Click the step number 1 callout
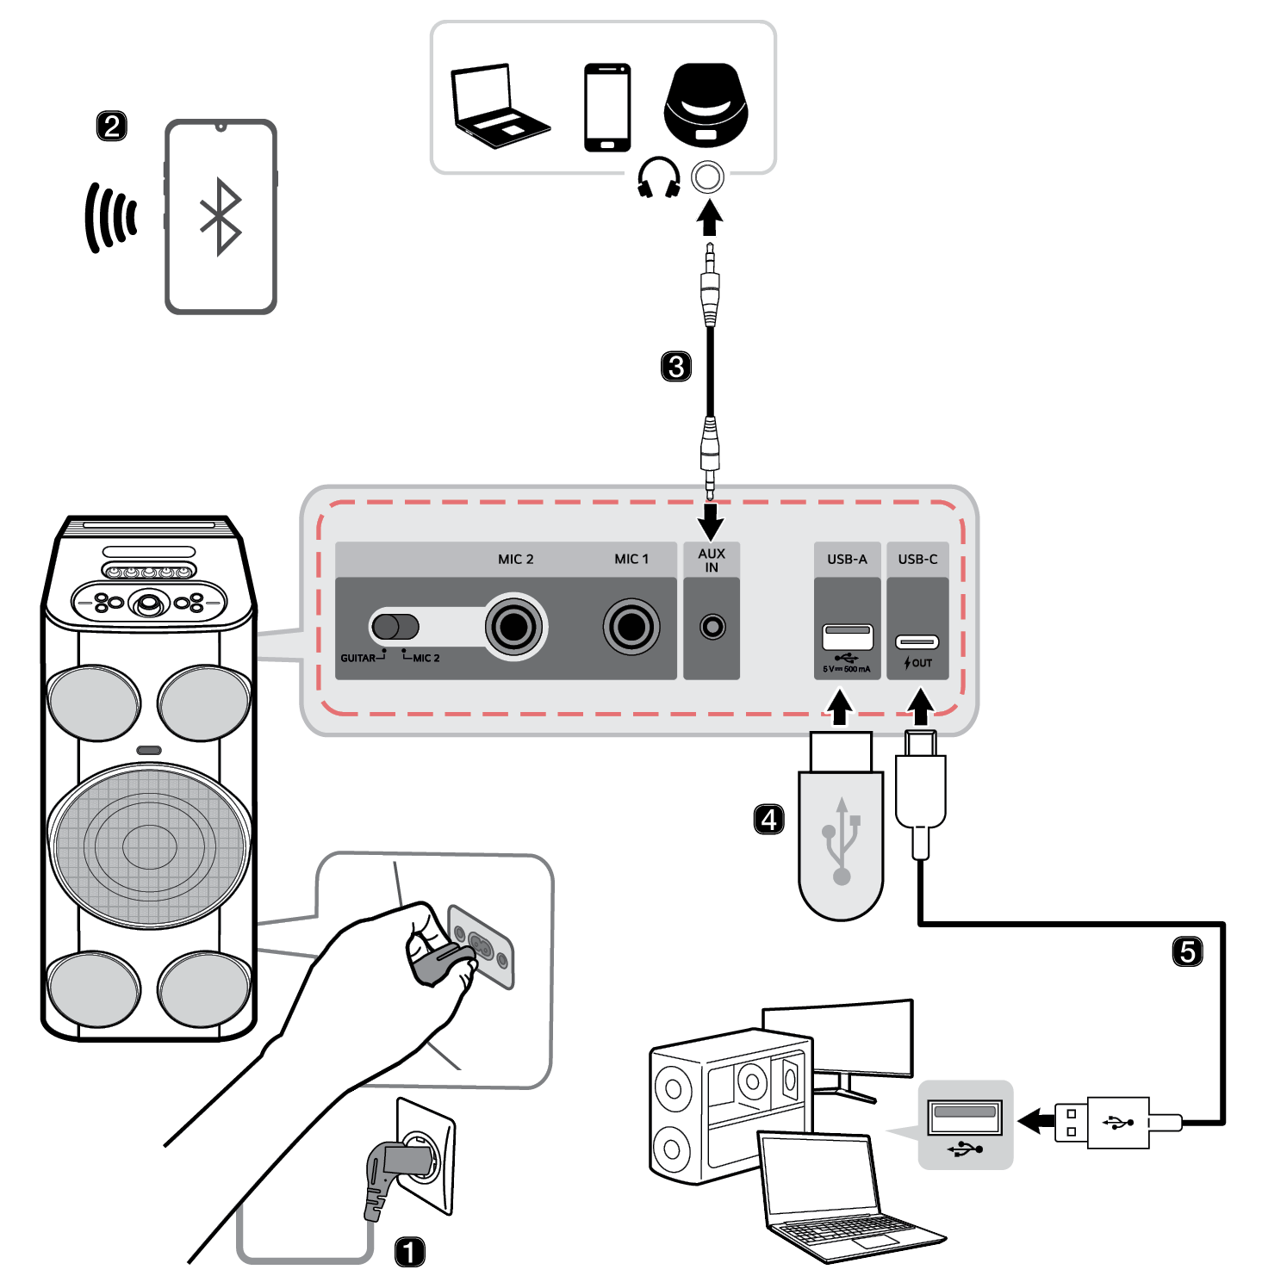point(409,1251)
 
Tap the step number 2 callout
point(111,126)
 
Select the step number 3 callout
point(676,366)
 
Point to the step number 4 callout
point(768,819)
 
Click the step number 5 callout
point(1188,951)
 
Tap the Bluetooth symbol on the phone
point(221,216)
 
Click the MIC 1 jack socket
point(631,626)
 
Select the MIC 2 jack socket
point(514,627)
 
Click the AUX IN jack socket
point(712,626)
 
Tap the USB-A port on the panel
point(848,637)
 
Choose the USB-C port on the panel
point(917,641)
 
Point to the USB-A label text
point(847,559)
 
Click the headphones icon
point(659,177)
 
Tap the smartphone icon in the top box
point(607,107)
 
